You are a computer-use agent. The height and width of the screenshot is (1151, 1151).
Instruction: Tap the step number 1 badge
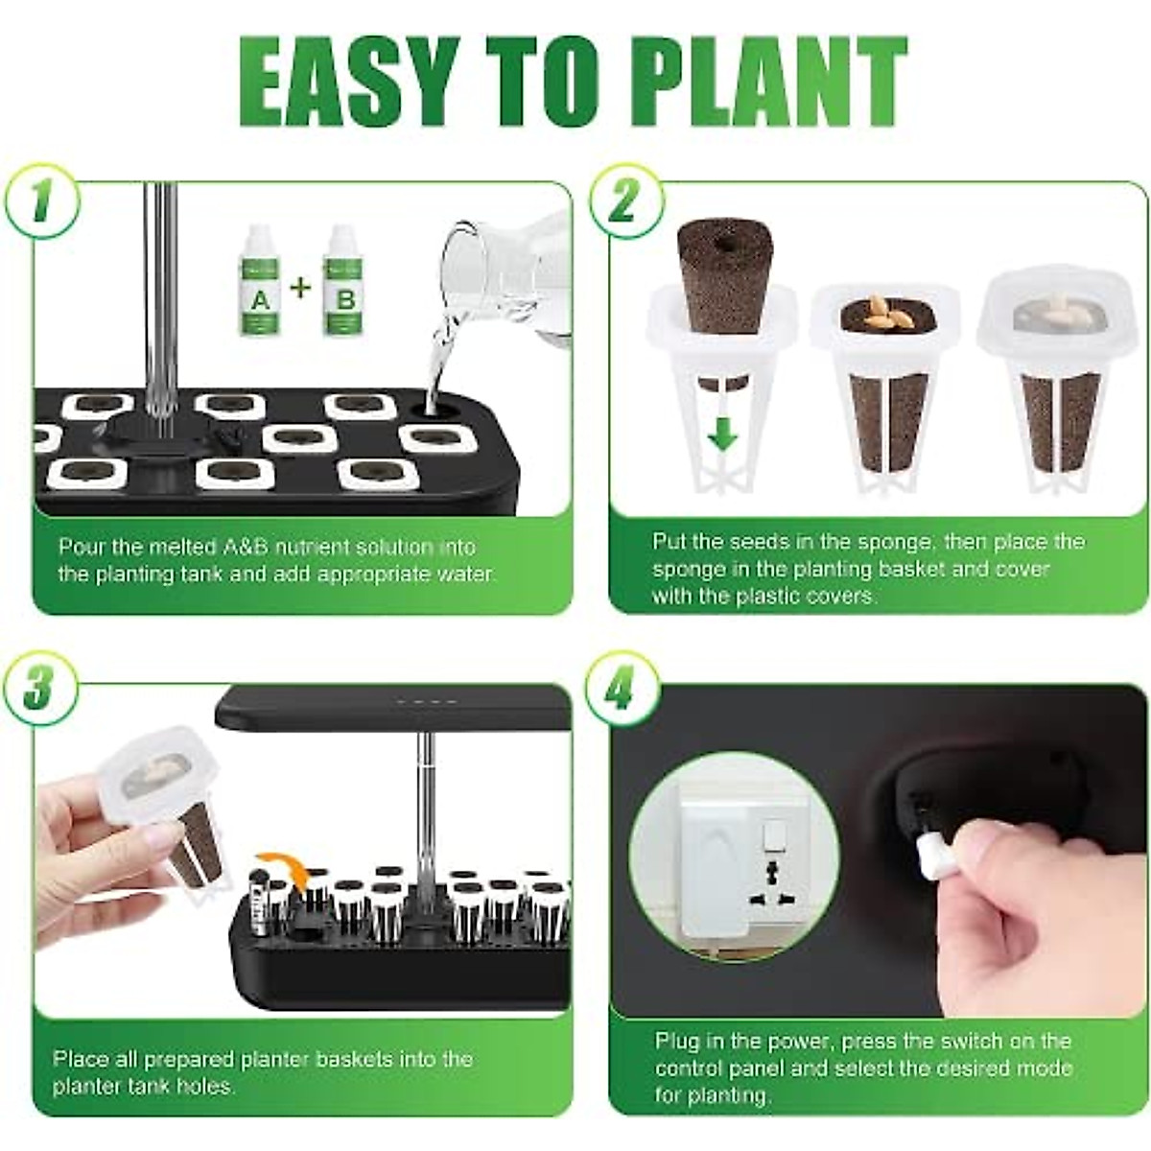point(39,203)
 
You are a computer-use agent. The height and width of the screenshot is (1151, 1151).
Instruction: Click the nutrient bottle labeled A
point(260,282)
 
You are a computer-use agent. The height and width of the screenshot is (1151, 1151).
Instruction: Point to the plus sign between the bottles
point(301,286)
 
